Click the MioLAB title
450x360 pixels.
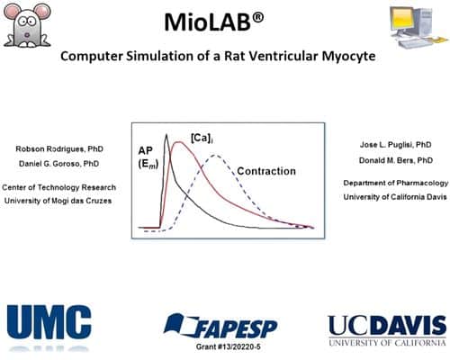(214, 22)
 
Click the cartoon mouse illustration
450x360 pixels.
(27, 25)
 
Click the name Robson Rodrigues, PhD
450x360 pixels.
(59, 149)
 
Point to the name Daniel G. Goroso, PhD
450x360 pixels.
(59, 164)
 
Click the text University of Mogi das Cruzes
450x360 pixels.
(58, 201)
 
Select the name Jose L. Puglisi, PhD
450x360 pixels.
(396, 145)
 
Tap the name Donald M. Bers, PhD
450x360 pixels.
(396, 160)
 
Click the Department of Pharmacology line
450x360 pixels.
(396, 183)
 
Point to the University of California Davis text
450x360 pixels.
(395, 197)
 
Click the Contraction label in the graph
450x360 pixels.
(266, 171)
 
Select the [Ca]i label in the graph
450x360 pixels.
(202, 139)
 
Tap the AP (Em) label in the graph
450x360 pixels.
(148, 157)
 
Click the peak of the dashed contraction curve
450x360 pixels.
(214, 155)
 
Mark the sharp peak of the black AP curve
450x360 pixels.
(166, 134)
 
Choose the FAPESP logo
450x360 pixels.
(220, 326)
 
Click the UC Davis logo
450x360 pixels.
(387, 330)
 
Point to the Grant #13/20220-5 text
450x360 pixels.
(229, 347)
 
